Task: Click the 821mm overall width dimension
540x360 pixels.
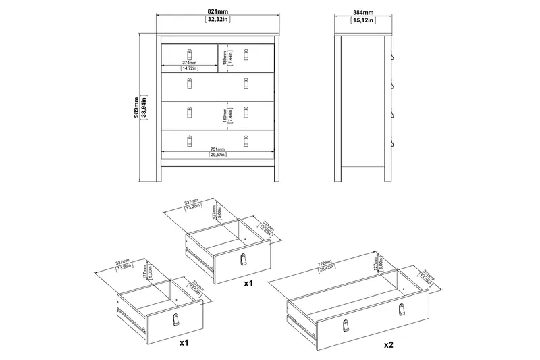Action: pos(217,11)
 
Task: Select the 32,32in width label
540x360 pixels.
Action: pos(217,20)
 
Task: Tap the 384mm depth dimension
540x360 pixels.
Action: pos(364,11)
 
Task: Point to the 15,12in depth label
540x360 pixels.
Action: pos(364,20)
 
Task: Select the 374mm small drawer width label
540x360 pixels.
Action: pos(189,62)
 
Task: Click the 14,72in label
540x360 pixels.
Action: pos(189,68)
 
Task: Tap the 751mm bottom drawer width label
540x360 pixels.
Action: pos(217,149)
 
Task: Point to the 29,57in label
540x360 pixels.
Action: pos(217,155)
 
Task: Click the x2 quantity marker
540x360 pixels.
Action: pos(389,344)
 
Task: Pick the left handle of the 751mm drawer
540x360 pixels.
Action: pos(190,140)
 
